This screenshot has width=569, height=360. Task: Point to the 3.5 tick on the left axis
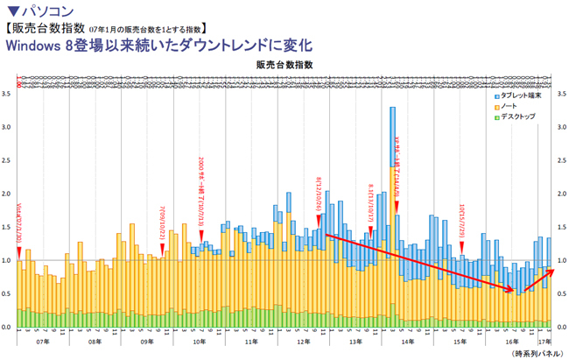pyautogui.click(x=6, y=93)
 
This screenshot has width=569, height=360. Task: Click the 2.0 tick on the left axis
pyautogui.click(x=6, y=194)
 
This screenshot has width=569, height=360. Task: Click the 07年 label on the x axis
pyautogui.click(x=41, y=342)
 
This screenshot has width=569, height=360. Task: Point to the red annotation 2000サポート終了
pyautogui.click(x=202, y=193)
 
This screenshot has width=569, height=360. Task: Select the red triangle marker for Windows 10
pyautogui.click(x=461, y=247)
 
